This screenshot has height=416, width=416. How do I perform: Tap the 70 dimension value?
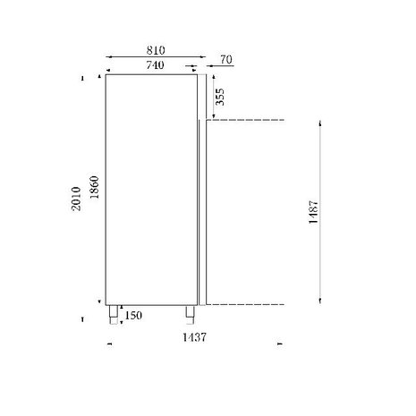point(225,60)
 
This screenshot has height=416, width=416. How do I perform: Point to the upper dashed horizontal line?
point(246,119)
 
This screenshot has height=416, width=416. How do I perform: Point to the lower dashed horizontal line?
point(246,303)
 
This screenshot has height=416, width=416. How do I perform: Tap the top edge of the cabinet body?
point(150,74)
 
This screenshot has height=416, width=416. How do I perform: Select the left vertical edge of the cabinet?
point(106,188)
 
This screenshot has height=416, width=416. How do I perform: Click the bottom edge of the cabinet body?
point(150,303)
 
